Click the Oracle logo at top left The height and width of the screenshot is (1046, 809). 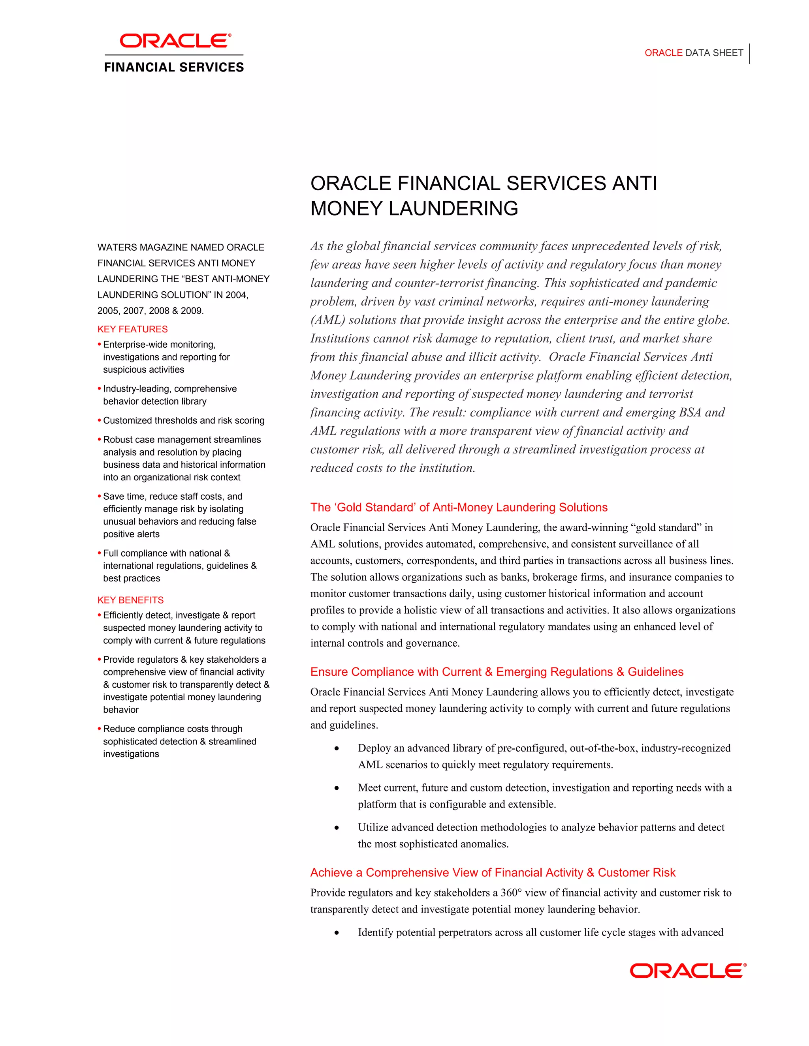175,41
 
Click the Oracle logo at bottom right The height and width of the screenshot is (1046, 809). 688,971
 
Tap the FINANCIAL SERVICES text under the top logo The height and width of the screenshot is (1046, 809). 174,67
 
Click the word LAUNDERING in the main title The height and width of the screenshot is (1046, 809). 453,209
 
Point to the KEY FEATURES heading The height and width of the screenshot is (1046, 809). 133,330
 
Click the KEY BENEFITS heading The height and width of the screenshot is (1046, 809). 130,600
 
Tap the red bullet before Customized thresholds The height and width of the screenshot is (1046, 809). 99,420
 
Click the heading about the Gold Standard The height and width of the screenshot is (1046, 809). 459,508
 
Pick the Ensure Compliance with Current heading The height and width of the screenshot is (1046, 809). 497,672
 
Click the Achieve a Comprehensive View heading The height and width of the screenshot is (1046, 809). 493,873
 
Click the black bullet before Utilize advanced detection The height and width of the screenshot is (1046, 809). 337,828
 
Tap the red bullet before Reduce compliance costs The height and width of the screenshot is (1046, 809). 99,729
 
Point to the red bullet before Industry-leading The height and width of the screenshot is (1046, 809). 99,389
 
